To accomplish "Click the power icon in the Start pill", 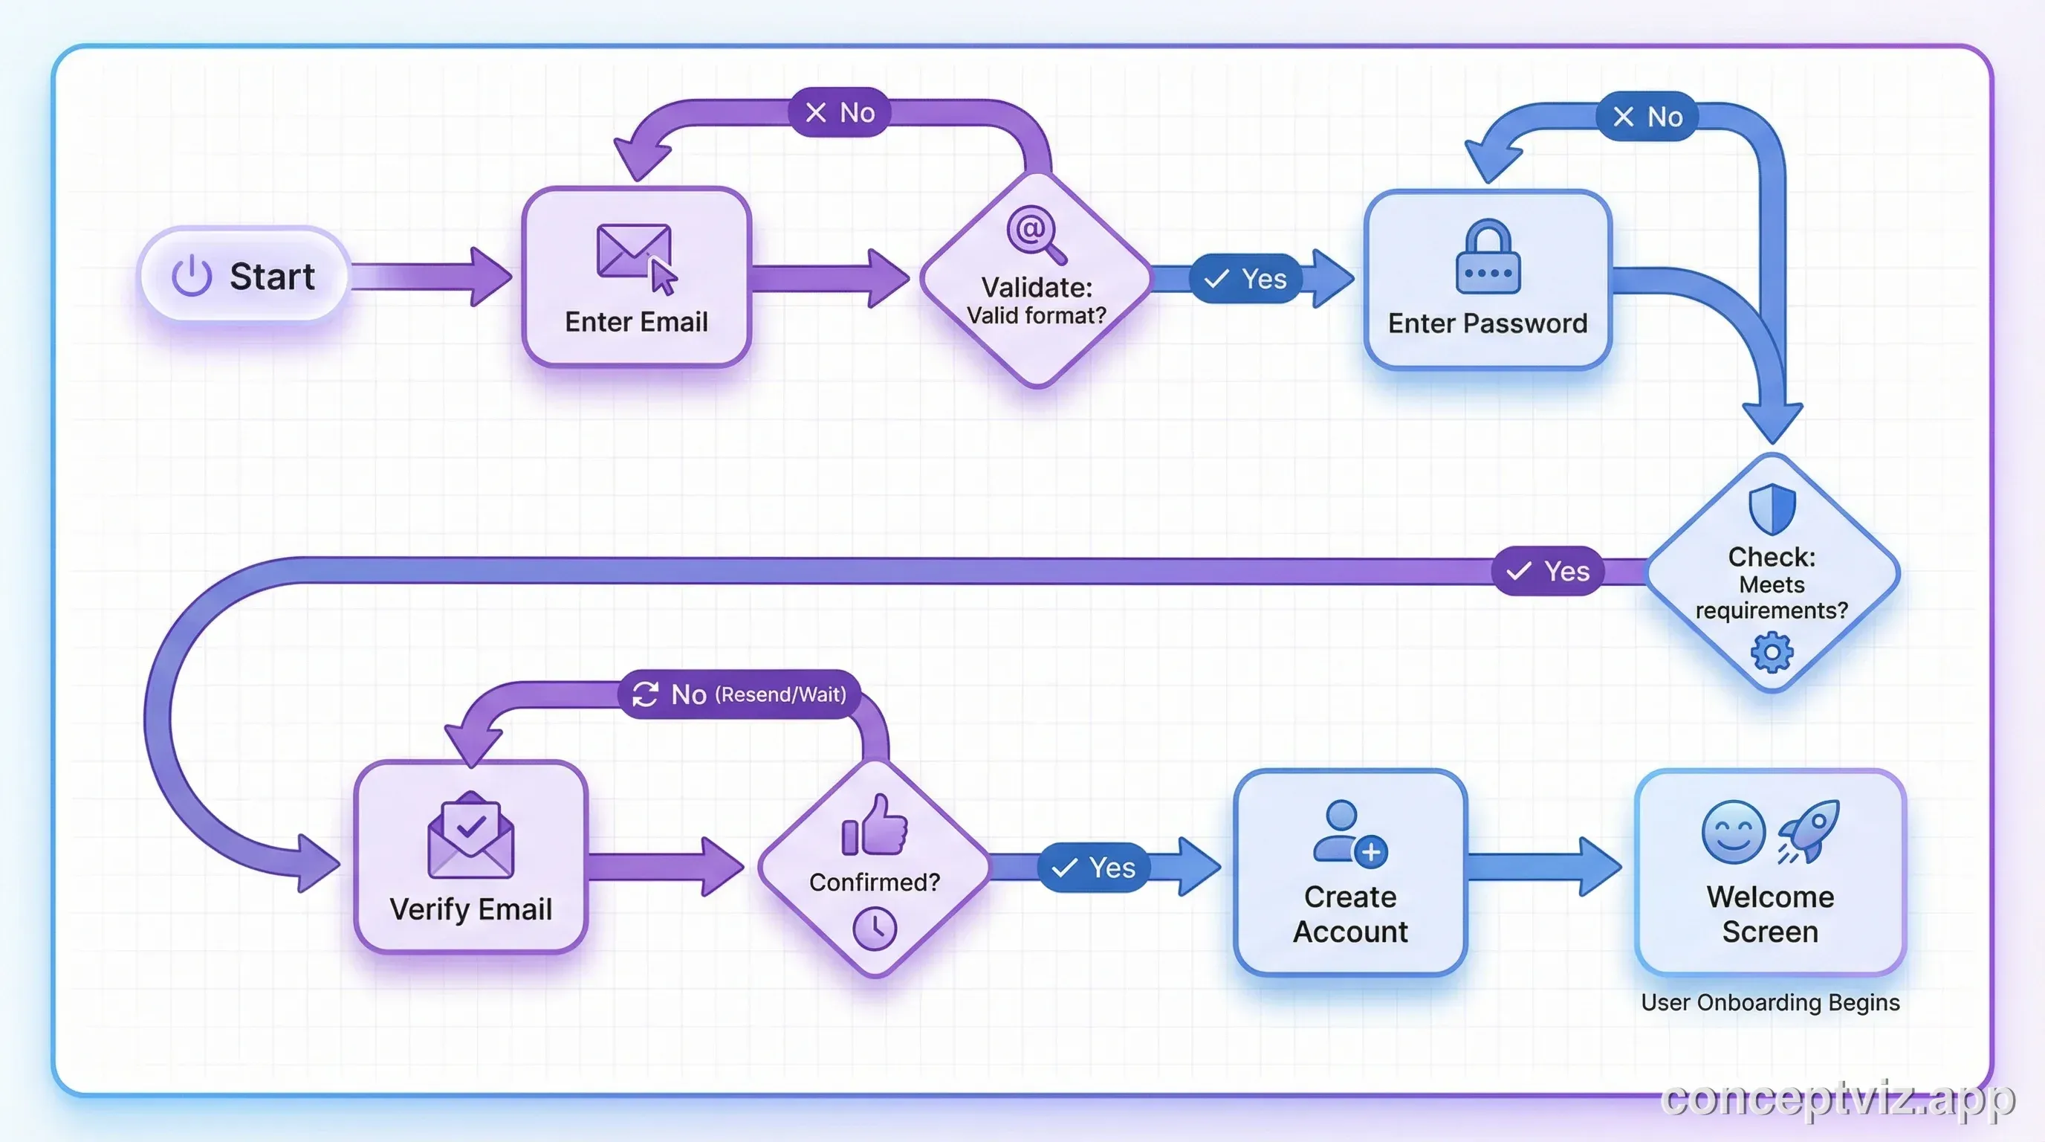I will [x=191, y=277].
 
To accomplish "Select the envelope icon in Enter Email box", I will [x=634, y=251].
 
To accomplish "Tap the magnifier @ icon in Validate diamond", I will [x=1034, y=233].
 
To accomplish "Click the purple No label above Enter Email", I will [x=839, y=113].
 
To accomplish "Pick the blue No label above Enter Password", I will [x=1647, y=117].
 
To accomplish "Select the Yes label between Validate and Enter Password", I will [x=1245, y=279].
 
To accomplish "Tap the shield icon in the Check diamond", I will [x=1772, y=509].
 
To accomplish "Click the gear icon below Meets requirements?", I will [x=1771, y=653].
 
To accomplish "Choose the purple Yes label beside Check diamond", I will [x=1547, y=571].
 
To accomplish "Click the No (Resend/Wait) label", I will [x=739, y=694].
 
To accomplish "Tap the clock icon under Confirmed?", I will [x=874, y=928].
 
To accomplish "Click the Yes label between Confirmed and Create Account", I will [x=1093, y=868].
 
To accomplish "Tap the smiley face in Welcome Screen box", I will [x=1733, y=832].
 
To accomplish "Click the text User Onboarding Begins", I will [x=1769, y=1002].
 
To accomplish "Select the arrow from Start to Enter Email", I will [x=432, y=277].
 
